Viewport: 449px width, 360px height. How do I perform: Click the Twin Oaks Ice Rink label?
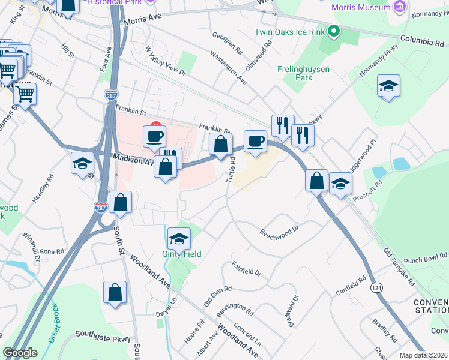click(290, 31)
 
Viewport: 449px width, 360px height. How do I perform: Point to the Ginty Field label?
click(182, 254)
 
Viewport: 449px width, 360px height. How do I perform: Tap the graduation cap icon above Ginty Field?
click(179, 239)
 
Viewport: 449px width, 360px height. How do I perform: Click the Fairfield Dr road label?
click(246, 268)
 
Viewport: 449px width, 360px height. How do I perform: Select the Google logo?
click(20, 352)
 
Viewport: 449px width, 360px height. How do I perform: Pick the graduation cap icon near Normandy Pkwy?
click(388, 86)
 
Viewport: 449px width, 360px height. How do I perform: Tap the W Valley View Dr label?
click(166, 62)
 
